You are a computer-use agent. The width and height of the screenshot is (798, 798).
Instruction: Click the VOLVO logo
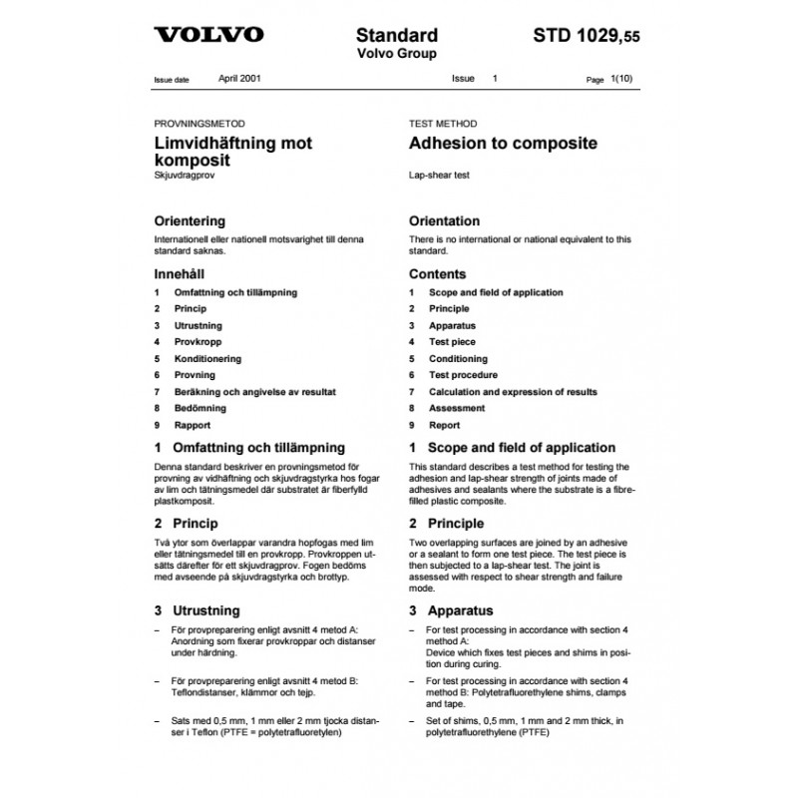click(x=208, y=35)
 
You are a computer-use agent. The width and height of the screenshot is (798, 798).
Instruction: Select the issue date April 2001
click(x=240, y=77)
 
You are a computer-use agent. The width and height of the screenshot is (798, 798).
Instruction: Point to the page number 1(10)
click(x=621, y=78)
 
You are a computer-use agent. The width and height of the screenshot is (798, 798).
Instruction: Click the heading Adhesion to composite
click(x=504, y=143)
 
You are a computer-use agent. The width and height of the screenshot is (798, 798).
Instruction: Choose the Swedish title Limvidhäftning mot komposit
click(x=232, y=151)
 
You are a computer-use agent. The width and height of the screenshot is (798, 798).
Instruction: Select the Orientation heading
click(x=444, y=220)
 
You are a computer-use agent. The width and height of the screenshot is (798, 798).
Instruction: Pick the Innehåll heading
click(x=183, y=273)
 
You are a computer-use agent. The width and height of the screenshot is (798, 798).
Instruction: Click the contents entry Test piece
click(x=452, y=342)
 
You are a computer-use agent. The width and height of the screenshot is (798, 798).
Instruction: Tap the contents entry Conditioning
click(x=458, y=358)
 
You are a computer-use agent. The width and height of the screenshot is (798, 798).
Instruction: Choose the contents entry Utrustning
click(x=199, y=326)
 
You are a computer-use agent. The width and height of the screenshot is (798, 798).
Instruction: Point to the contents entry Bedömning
click(x=200, y=408)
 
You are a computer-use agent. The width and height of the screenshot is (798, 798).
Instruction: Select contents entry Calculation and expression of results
click(x=513, y=391)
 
